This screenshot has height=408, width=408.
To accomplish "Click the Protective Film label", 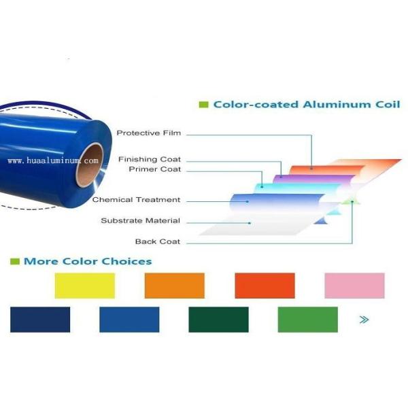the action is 148,133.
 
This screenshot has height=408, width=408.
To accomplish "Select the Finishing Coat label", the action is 150,159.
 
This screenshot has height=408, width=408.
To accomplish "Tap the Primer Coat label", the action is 155,169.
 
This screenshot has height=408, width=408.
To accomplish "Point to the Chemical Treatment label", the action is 136,199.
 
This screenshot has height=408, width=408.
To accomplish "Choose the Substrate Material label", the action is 141,220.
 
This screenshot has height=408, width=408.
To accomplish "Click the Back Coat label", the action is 158,241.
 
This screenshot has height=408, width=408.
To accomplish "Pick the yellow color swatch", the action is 85,286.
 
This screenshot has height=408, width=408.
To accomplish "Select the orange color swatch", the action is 175,286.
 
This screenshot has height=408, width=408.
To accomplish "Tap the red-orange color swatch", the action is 265,286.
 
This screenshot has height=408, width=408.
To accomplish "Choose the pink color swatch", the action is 355,286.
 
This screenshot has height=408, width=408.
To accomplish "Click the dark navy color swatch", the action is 40,320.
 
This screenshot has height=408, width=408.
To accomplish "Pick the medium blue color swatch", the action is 129,320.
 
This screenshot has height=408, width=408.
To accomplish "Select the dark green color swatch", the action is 218,320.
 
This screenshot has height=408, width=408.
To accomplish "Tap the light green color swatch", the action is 308,320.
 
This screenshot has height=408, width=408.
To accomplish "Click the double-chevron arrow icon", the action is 364,320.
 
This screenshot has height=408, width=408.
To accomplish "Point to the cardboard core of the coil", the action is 90,165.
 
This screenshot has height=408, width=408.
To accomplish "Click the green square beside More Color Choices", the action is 15,261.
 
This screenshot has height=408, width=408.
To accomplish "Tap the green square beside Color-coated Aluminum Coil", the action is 203,105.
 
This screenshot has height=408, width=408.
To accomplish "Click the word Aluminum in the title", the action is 337,105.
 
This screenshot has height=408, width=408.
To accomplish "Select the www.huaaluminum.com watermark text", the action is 53,160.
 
